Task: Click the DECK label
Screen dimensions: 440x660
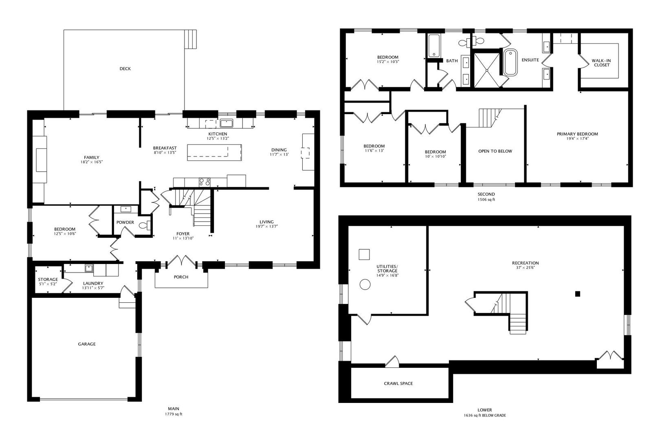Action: click(x=125, y=69)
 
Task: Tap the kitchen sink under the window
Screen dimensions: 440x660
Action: click(x=226, y=123)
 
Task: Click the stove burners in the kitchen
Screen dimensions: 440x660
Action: click(x=205, y=182)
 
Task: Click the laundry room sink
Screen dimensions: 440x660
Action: click(x=88, y=268)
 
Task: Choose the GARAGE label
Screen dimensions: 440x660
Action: click(x=87, y=344)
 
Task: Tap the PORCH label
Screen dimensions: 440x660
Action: click(x=181, y=277)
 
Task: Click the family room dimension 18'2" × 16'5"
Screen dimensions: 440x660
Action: click(x=92, y=162)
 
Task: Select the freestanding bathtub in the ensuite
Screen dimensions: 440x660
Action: click(x=510, y=62)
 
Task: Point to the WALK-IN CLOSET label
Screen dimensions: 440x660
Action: click(x=601, y=63)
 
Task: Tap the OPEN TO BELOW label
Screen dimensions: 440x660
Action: click(x=495, y=151)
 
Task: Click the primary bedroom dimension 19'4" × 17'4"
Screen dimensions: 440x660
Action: click(x=577, y=139)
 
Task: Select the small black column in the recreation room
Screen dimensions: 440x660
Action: click(x=577, y=294)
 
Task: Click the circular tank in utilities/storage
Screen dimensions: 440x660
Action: click(x=365, y=284)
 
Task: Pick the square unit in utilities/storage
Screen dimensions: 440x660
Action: click(x=364, y=255)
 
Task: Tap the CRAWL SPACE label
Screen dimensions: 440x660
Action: click(x=398, y=383)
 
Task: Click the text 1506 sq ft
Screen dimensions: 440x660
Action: click(x=486, y=200)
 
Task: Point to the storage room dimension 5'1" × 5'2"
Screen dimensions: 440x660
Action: click(x=48, y=284)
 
